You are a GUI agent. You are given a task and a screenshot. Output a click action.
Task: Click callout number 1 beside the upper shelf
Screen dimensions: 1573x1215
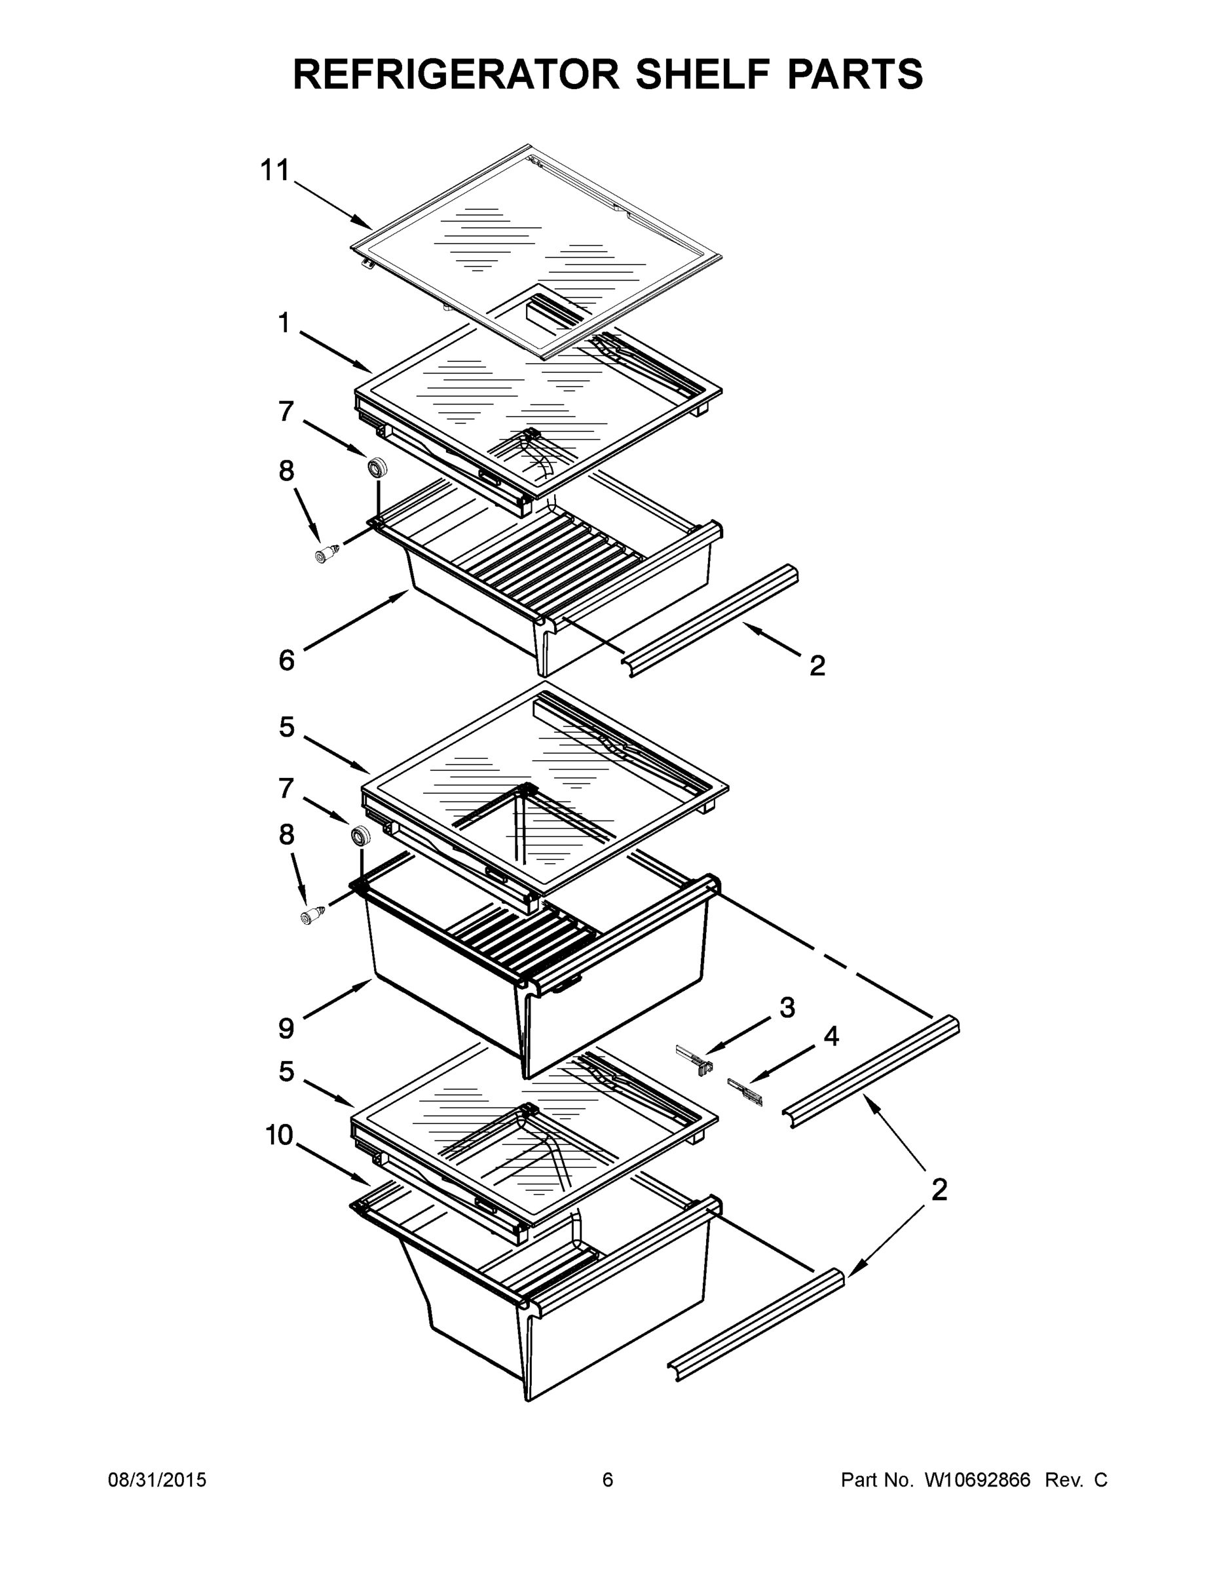point(284,323)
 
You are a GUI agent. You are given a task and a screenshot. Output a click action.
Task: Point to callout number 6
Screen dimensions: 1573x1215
point(286,660)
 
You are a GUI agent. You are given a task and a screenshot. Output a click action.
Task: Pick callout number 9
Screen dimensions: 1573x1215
point(286,1028)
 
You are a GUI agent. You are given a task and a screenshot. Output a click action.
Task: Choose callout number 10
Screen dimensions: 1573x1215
point(279,1136)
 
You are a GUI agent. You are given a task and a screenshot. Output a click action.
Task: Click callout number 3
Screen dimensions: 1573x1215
point(787,1007)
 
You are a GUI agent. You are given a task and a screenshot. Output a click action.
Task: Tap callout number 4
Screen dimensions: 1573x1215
point(831,1036)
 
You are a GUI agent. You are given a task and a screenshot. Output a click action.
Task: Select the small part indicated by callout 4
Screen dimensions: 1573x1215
point(745,1091)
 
